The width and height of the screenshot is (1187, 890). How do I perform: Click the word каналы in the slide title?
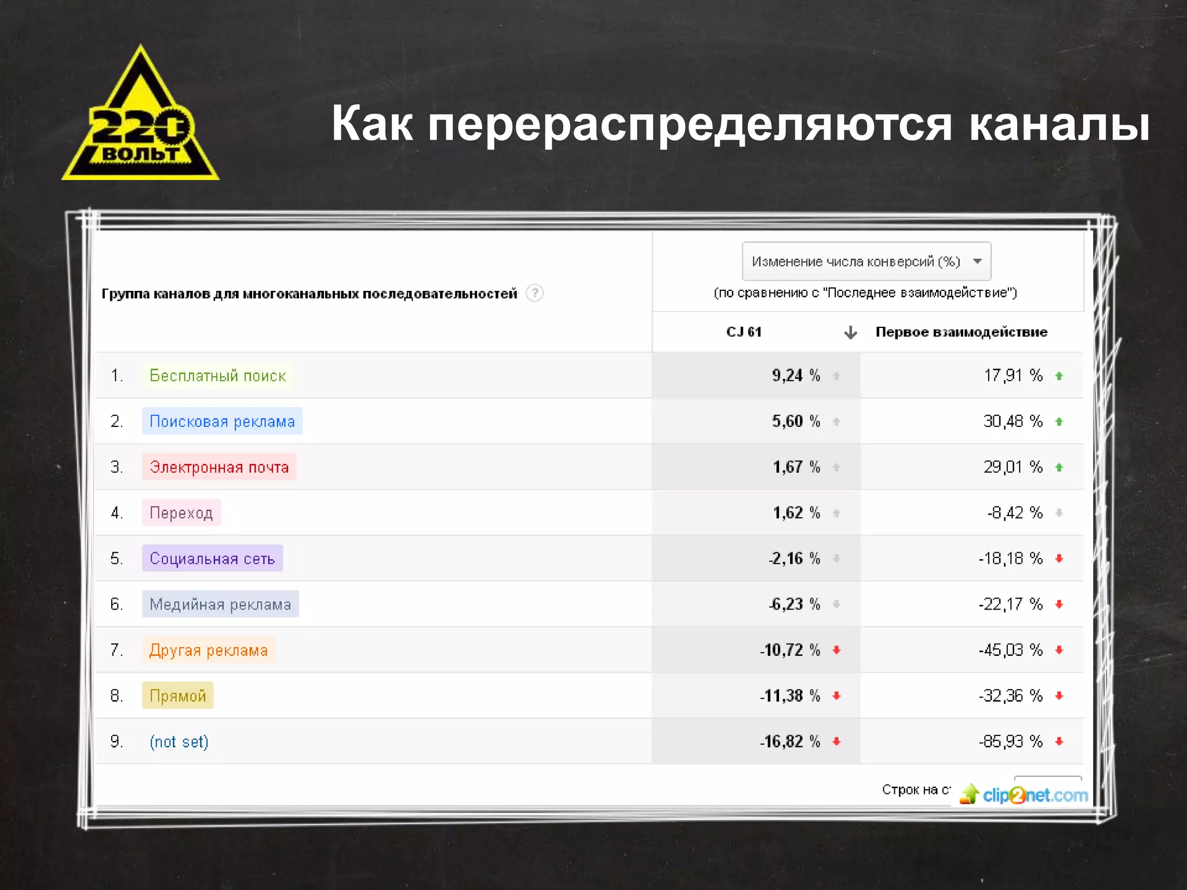[1059, 124]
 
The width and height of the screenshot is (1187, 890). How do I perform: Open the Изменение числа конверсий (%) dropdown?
[866, 261]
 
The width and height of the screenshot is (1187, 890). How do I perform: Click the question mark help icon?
[534, 293]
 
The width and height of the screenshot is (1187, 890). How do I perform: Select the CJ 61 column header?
[744, 332]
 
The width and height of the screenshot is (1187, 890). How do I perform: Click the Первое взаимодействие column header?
[961, 332]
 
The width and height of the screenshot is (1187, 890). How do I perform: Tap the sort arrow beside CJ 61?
[850, 333]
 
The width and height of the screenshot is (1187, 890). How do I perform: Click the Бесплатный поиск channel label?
[217, 375]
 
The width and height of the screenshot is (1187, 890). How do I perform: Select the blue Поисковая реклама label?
[222, 421]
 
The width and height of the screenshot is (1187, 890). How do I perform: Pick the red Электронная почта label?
[219, 467]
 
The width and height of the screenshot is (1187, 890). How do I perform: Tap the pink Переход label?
[181, 513]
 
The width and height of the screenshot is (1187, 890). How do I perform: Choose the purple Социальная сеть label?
[212, 559]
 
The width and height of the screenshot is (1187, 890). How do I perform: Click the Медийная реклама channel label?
[220, 604]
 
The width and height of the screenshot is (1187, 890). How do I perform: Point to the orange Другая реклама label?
[209, 650]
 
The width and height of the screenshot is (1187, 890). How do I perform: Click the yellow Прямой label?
[178, 696]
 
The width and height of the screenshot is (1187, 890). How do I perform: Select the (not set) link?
[179, 742]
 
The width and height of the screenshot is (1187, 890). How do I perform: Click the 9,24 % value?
[795, 375]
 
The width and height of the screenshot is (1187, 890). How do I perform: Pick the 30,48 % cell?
[1012, 421]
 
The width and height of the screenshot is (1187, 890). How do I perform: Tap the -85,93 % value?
[1010, 742]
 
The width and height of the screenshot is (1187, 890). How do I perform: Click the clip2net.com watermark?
[1024, 795]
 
